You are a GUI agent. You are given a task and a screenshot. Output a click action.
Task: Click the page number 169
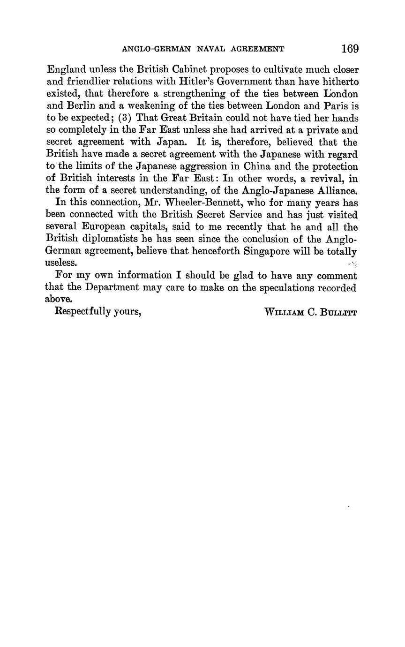350,48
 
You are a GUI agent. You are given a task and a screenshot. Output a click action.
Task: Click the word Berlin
87,106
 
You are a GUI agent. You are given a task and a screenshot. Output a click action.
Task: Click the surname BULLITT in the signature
339,312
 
